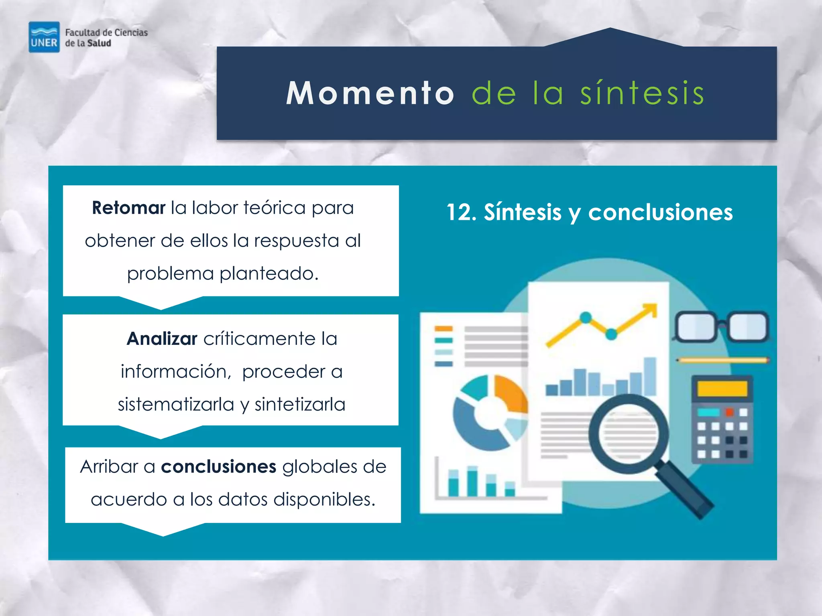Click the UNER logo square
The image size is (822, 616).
point(44,37)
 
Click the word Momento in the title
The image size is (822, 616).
point(370,93)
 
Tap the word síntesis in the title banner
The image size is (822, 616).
point(642,93)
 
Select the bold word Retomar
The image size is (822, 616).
point(128,208)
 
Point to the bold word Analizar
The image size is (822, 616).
point(162,338)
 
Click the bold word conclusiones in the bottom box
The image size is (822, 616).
point(218,466)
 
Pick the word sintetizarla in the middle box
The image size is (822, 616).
point(300,404)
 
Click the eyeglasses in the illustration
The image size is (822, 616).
point(722,326)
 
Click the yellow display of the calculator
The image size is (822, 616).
point(722,389)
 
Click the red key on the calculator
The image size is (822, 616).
point(729,412)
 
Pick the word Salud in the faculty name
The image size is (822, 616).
point(99,43)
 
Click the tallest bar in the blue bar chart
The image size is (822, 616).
point(650,376)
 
